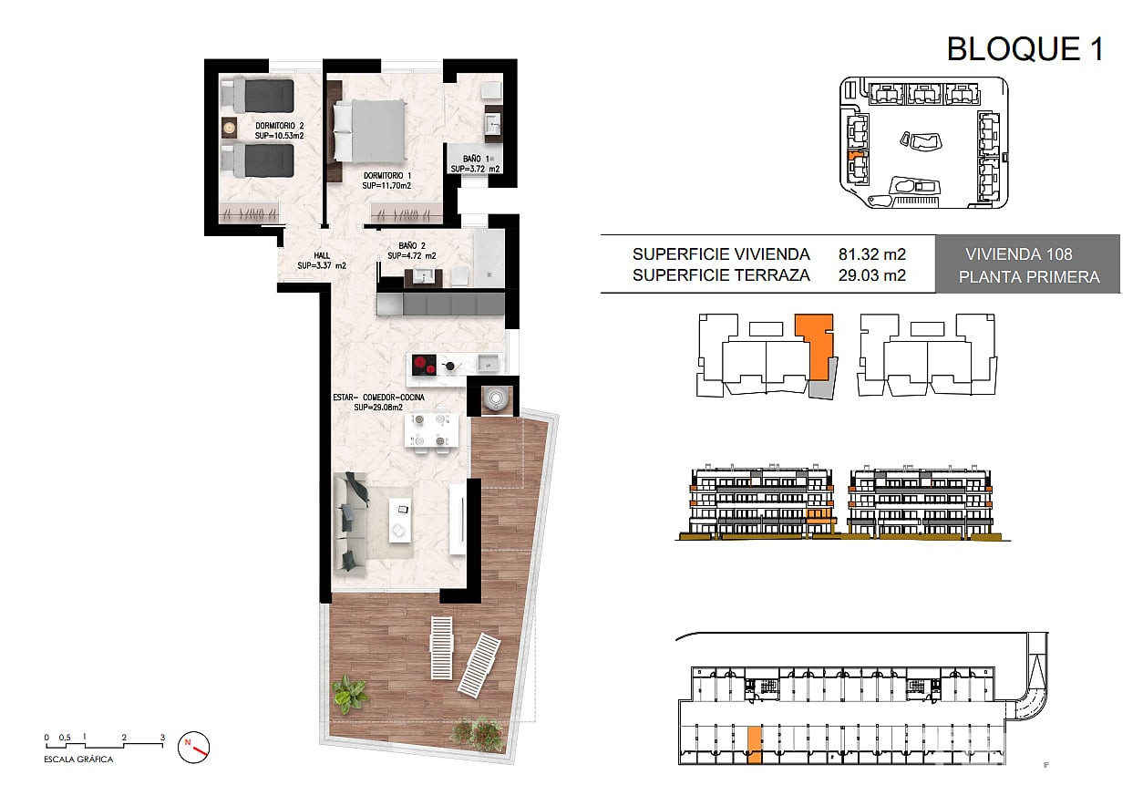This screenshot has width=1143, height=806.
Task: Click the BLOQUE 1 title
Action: tap(1025, 49)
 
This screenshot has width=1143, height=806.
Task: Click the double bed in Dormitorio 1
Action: tap(369, 129)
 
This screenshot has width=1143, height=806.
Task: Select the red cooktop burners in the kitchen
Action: tap(424, 366)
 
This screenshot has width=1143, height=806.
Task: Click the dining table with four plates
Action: tap(430, 431)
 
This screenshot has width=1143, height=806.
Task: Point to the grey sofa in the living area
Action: tap(351, 522)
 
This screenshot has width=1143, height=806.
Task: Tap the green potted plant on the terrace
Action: tap(349, 694)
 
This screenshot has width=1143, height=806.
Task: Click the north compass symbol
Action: tap(193, 748)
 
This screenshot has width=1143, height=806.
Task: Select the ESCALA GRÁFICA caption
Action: tap(78, 759)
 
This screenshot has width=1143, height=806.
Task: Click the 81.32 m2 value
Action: tap(872, 254)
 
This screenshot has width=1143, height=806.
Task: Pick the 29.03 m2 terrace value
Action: tap(872, 275)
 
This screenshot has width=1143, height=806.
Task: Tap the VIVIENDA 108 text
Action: tap(1018, 254)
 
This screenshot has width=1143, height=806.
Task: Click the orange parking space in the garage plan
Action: tap(754, 745)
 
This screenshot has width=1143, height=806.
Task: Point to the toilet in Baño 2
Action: tap(459, 276)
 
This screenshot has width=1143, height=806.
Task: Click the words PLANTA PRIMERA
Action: tap(1029, 277)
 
